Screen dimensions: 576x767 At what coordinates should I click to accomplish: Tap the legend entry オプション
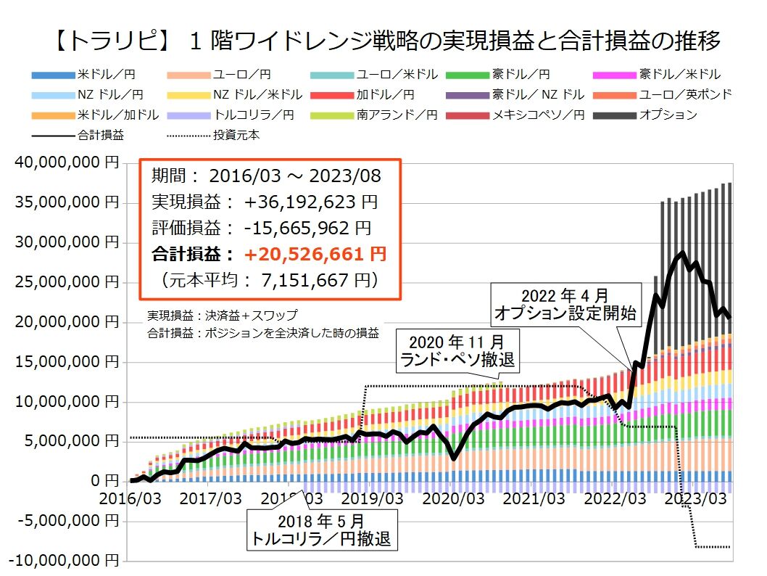click(668, 115)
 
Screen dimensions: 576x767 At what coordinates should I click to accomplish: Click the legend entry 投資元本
click(237, 135)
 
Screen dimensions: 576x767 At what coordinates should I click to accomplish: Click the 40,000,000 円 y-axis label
click(66, 164)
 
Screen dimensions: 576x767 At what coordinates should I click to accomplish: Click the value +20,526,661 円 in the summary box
click(315, 254)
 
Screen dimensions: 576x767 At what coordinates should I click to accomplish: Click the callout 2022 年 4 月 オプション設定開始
click(565, 305)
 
